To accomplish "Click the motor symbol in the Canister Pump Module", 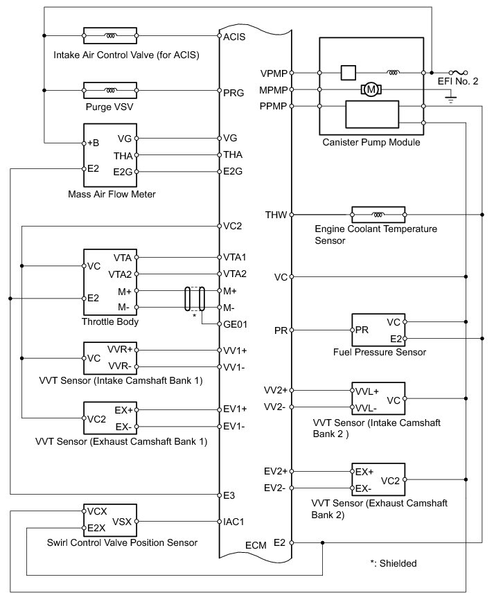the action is coord(371,89).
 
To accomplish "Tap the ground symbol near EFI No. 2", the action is coord(451,98).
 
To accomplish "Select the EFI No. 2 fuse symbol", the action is coord(458,73).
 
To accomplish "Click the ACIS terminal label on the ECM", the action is coord(234,37).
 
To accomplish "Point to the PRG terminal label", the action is coord(233,93).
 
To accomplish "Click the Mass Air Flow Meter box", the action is coord(110,155).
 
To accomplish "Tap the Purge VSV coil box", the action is coord(110,90).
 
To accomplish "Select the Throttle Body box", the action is coord(110,282).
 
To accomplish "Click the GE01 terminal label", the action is coord(235,324).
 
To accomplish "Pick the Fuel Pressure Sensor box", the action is coord(378,330).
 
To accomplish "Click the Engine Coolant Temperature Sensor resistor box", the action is coord(378,215).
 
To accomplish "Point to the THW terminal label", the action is coord(276,215).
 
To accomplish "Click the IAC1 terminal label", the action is coord(233,522).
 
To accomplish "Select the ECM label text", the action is coord(256,545).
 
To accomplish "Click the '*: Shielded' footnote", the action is coord(394,563).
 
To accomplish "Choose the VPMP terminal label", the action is coord(274,73).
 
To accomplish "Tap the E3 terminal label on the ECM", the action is coord(229,495).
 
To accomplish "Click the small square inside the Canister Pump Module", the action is coord(349,73).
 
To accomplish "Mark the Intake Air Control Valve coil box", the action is coord(110,35).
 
